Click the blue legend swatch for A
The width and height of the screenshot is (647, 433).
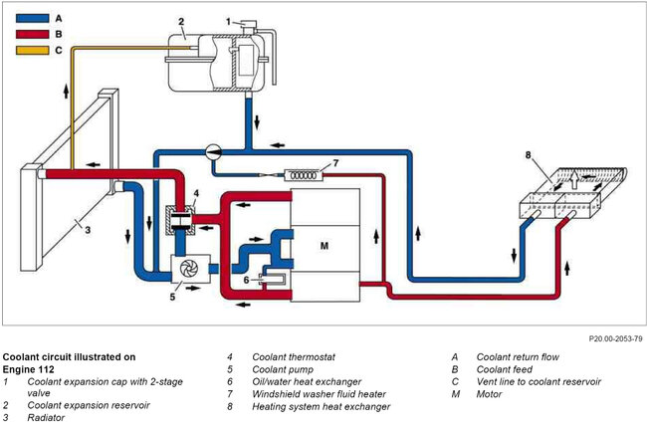pos(32,19)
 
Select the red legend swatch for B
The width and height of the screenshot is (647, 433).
pos(32,34)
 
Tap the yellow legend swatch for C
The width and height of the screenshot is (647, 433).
pos(32,50)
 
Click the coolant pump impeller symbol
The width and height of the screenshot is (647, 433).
pos(189,269)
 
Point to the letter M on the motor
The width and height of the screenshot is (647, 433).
pos(324,246)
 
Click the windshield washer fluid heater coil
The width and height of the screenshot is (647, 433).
pos(305,175)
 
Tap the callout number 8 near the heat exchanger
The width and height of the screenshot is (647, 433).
pos(529,155)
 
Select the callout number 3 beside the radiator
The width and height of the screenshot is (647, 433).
pos(88,230)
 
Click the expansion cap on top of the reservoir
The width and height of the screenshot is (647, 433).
pos(249,28)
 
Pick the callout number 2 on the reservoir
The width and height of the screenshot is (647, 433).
pos(181,22)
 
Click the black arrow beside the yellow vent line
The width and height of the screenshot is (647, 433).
pos(66,91)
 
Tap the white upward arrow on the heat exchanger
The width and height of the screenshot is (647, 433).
pos(574,180)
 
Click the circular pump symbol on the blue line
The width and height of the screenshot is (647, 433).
pos(213,152)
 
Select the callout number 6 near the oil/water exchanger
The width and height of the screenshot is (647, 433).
pos(246,280)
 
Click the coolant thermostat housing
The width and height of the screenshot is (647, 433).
pos(180,220)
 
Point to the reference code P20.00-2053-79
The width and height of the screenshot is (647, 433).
pos(615,338)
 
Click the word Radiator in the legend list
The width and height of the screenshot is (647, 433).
pos(46,418)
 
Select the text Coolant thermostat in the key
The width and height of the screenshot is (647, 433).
pos(294,356)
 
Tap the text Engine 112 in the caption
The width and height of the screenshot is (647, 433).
pos(29,369)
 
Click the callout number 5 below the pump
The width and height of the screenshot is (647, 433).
pos(172,297)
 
